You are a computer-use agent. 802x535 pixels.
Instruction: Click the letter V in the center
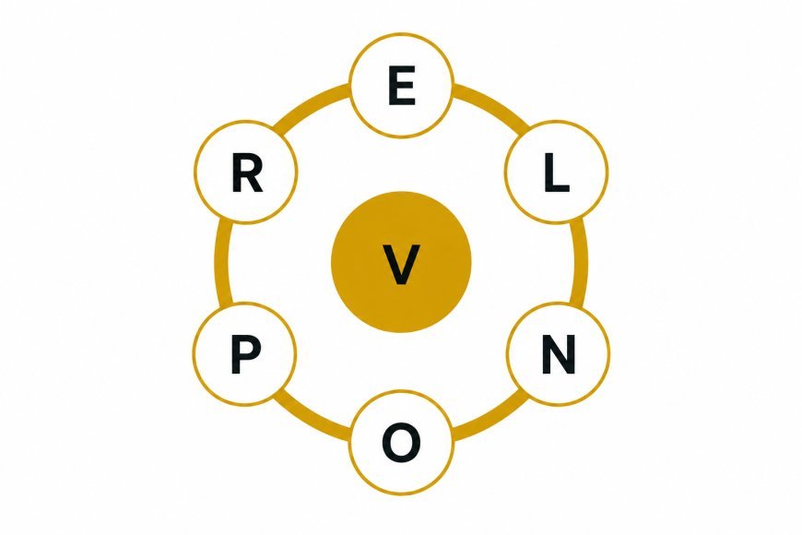point(402,264)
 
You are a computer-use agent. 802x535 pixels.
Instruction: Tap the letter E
point(402,87)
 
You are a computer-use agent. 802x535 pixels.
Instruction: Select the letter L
point(557,173)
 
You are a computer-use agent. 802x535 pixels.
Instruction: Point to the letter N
point(559,354)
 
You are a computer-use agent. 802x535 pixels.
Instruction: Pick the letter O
point(402,443)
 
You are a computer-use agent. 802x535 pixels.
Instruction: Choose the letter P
point(245,354)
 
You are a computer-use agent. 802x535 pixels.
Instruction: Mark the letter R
point(247,173)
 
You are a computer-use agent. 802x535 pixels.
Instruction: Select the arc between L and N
point(580,263)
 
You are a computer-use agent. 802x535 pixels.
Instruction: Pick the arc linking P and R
point(221,263)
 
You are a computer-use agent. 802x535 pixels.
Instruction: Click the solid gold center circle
point(402,262)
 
